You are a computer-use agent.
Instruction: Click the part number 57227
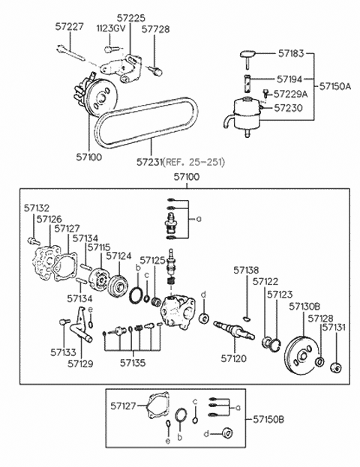(70, 27)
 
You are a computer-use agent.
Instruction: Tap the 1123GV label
(111, 28)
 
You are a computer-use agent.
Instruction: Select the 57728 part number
(155, 29)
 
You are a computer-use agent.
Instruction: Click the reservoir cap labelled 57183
(248, 56)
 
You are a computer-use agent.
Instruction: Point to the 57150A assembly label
(335, 86)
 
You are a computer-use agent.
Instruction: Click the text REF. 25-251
(194, 162)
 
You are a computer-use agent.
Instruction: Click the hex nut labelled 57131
(336, 367)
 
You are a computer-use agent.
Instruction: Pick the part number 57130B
(304, 307)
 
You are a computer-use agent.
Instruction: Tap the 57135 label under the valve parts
(133, 363)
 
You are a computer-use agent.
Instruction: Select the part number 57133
(63, 352)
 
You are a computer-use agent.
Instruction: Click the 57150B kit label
(268, 419)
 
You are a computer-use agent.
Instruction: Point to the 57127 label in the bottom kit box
(123, 406)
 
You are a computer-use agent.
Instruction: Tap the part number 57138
(246, 270)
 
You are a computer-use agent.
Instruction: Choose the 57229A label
(290, 94)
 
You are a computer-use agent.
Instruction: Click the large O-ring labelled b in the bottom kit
(181, 415)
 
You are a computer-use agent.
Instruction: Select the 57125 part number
(152, 260)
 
